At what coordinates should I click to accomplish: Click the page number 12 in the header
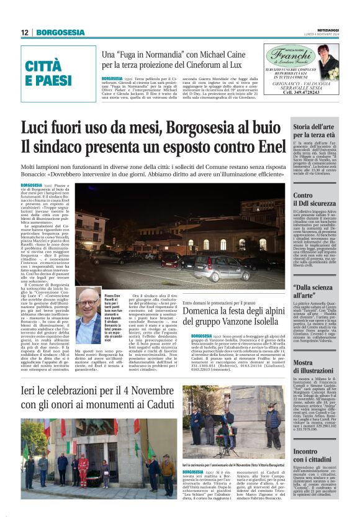(25, 32)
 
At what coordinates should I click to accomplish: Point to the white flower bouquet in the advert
(336, 60)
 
